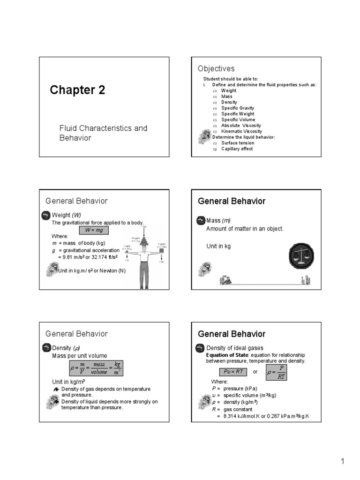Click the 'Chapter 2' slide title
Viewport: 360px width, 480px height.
coord(78,90)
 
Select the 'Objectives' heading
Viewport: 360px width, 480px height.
coord(216,69)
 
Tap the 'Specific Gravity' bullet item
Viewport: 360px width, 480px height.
coord(238,108)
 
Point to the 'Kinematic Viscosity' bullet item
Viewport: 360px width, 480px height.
coord(241,131)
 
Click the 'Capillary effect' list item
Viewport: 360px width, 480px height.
coord(237,149)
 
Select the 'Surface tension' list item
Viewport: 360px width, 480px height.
coord(238,143)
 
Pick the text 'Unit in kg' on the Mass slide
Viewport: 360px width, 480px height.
coord(218,246)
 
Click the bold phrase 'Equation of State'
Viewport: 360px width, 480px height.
coord(225,355)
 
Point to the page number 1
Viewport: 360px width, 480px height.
coord(343,462)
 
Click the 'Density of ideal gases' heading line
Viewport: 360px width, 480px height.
coord(235,348)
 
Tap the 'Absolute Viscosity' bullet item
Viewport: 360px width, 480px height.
coord(241,126)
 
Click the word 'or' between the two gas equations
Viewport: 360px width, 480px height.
coord(255,372)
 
